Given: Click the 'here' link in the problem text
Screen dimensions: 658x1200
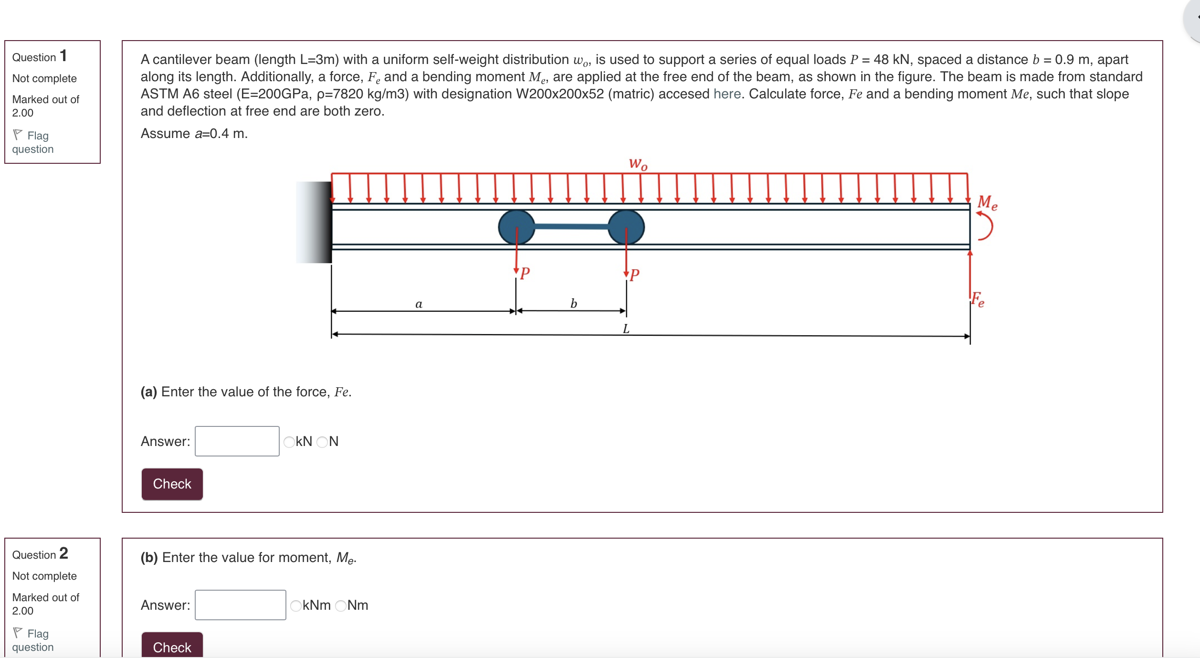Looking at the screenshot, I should tap(727, 94).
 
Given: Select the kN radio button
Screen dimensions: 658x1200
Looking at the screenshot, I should tap(289, 442).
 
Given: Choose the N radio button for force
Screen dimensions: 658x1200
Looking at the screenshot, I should tap(323, 442).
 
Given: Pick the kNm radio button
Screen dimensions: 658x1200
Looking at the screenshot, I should tap(296, 605).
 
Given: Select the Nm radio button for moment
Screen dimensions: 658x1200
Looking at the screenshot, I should tap(341, 605).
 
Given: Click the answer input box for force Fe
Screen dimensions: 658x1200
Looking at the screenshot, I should tap(237, 441).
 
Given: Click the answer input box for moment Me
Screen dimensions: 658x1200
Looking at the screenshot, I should tap(240, 605).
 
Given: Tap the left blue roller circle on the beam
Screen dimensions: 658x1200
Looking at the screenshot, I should tap(516, 227).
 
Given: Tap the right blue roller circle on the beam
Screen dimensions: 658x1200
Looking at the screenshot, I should tap(626, 227).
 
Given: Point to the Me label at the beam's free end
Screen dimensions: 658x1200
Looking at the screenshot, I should tap(987, 202).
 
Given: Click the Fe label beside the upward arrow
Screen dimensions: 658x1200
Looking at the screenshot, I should tap(978, 299).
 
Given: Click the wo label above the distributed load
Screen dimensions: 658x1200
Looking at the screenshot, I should tap(638, 164).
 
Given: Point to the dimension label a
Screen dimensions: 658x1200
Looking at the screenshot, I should tap(419, 304).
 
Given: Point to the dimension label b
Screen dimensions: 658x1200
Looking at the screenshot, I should tap(574, 303).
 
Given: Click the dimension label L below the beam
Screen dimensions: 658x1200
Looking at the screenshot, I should tap(626, 329).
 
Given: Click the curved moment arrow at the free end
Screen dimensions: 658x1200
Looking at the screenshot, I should tap(986, 226).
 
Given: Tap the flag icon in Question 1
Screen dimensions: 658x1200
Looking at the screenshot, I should tap(18, 135).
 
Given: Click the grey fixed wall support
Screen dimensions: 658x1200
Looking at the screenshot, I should tap(314, 222).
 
